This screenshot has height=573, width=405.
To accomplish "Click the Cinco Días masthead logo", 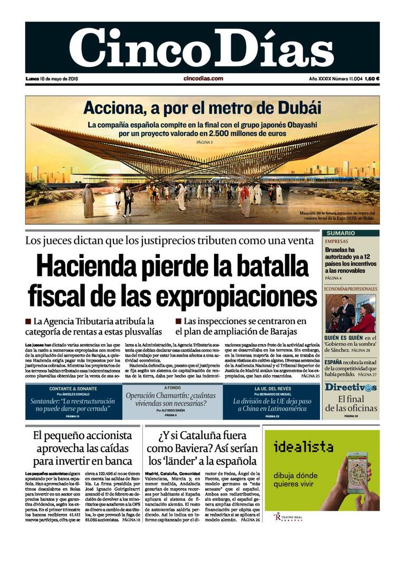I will coord(202,47).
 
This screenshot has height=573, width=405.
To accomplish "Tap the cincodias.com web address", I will coord(203,79).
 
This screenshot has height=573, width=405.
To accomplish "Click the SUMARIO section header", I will coord(340,233).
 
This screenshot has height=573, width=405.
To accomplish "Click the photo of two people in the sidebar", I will coord(350,313).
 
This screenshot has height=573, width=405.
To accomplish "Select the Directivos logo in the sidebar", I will coord(351,387).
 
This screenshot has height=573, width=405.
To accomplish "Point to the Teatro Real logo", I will coord(288,517).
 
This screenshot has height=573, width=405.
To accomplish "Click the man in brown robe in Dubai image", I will coord(88,202).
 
